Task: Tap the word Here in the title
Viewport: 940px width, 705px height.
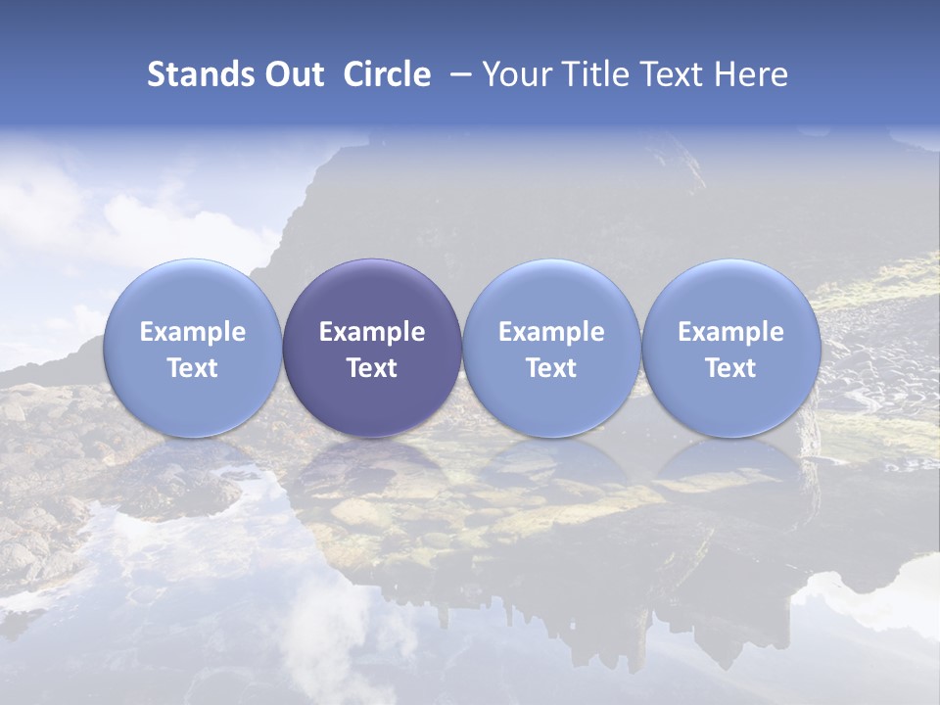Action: pos(752,74)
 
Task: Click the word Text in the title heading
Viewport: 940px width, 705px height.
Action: pos(671,74)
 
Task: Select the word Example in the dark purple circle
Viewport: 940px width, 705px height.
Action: pos(372,332)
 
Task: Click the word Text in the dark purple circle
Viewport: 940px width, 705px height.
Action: pos(372,368)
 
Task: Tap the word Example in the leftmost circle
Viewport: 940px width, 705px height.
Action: pos(192,332)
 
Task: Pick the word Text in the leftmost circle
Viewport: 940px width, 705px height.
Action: pos(192,368)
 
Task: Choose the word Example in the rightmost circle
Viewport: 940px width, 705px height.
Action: pos(730,332)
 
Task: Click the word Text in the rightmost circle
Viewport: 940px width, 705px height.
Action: pos(730,368)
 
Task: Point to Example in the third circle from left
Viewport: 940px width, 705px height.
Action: pos(551,332)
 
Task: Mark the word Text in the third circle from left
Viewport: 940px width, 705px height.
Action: pos(551,368)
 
